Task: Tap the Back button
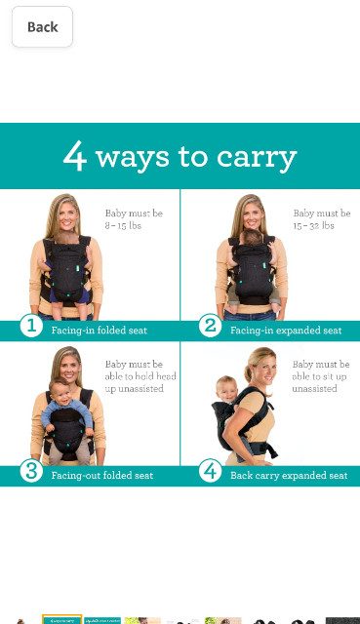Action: coord(42,26)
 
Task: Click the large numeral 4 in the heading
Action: coord(74,156)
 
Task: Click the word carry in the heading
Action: coord(257,159)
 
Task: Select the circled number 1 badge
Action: coord(31,326)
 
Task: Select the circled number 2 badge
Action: coord(210,326)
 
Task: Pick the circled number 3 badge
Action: coord(31,471)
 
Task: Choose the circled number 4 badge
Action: coord(210,471)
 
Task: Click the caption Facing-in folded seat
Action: coord(100,331)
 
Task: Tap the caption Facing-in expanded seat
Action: coord(286,331)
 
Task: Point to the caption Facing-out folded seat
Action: coord(101,475)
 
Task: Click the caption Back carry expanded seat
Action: coord(289,475)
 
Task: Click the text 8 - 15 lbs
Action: coord(123,225)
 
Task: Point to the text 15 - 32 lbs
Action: coord(314,225)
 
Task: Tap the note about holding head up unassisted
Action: coord(140,376)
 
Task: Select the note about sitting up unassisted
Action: coord(321,376)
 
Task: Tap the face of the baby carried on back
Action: coord(227,389)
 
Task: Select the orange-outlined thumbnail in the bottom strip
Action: coord(62,619)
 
